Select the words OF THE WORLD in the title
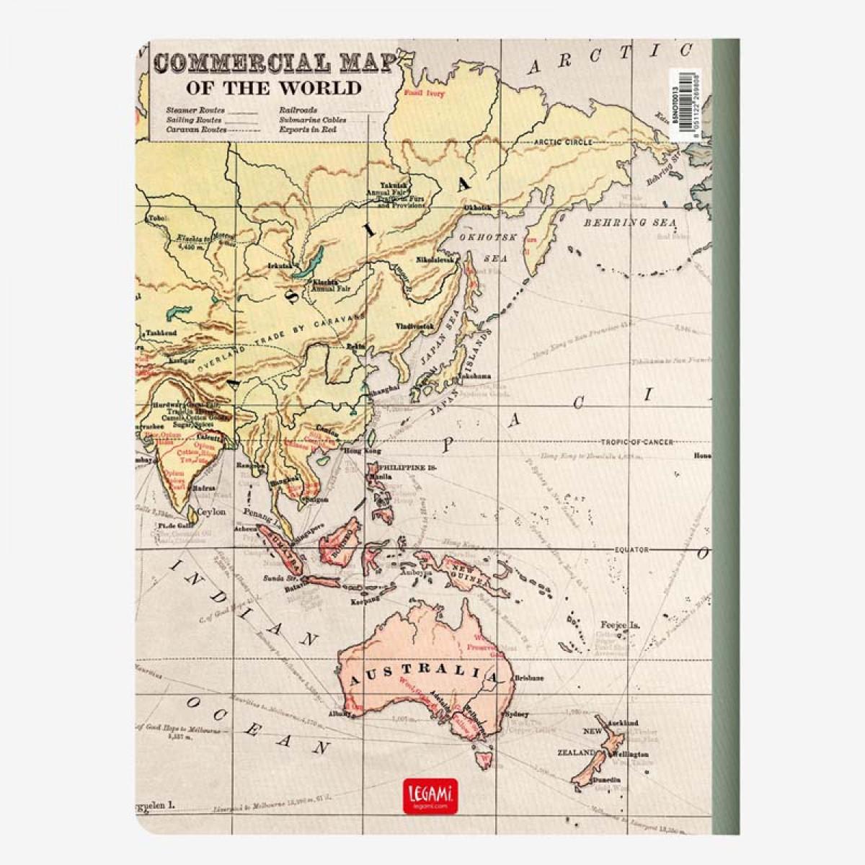[x=273, y=88]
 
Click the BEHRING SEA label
[x=630, y=223]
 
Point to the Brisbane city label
[x=529, y=679]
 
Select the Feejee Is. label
[x=618, y=625]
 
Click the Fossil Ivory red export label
[x=425, y=94]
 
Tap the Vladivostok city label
[x=414, y=326]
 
